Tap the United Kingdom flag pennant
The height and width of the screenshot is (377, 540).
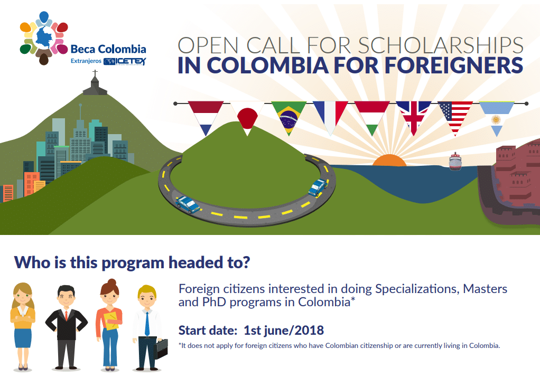coord(414,115)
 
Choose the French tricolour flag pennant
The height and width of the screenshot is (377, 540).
coord(330,115)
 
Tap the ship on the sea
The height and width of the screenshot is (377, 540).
coord(455,161)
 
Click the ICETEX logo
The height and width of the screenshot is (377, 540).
coord(125,62)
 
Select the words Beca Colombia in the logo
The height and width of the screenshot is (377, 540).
coord(108,49)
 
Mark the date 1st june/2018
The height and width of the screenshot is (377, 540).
coord(284,331)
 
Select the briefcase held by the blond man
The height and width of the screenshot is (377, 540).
coord(161,348)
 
